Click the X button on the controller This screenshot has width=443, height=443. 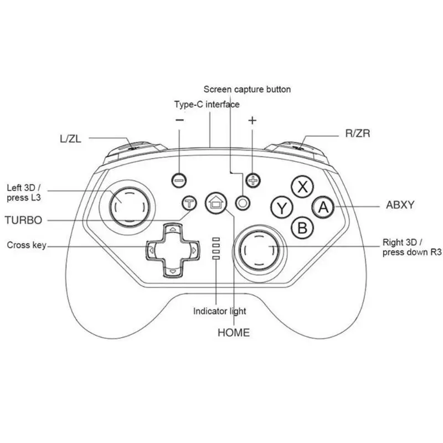click(x=302, y=187)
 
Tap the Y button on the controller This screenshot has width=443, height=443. click(x=282, y=208)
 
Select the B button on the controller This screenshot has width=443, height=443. click(x=302, y=228)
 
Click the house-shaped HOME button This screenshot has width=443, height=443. click(x=216, y=203)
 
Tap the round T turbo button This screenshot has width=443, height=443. click(x=189, y=203)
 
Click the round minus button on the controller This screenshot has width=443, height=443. click(x=179, y=180)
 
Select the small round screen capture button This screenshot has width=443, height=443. click(x=243, y=203)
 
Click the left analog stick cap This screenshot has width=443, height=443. click(x=130, y=207)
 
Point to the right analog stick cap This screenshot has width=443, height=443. click(x=259, y=250)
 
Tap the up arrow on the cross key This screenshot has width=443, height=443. click(x=173, y=229)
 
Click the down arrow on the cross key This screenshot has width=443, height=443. click(x=173, y=271)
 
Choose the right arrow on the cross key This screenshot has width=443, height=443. click(x=194, y=250)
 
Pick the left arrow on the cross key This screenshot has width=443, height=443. click(x=151, y=250)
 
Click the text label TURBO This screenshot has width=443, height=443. click(x=23, y=220)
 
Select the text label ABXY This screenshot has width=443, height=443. click(x=400, y=205)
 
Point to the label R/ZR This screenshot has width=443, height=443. click(x=358, y=133)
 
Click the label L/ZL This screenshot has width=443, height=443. click(x=71, y=139)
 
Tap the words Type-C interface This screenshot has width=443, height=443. click(x=207, y=104)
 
